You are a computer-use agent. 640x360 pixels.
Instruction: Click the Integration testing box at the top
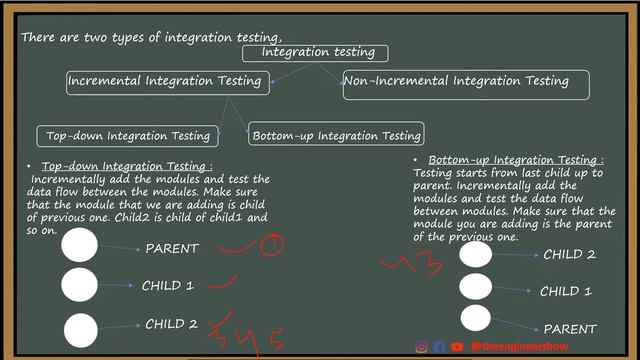pyautogui.click(x=316, y=52)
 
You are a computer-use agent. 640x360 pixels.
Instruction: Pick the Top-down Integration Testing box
pyautogui.click(x=129, y=135)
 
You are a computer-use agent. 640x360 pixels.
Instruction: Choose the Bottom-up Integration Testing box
pyautogui.click(x=336, y=135)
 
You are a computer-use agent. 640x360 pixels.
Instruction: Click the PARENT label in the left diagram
pyautogui.click(x=172, y=248)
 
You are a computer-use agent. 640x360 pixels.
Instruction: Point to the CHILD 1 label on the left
pyautogui.click(x=168, y=285)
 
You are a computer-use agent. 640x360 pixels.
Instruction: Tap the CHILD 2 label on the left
pyautogui.click(x=172, y=324)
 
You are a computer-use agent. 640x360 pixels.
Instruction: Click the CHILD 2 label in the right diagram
pyautogui.click(x=569, y=254)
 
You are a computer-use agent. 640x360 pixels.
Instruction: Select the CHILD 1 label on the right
pyautogui.click(x=566, y=291)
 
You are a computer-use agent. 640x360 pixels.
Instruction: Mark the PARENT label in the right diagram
pyautogui.click(x=570, y=328)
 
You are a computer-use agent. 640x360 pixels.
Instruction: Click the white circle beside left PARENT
pyautogui.click(x=80, y=246)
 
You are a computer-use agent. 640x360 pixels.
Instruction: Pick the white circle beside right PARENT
pyautogui.click(x=476, y=319)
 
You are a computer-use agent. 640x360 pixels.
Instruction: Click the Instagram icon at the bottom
pyautogui.click(x=422, y=347)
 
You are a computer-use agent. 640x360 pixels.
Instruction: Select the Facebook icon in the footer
pyautogui.click(x=439, y=347)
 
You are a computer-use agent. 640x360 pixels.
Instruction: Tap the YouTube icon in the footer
pyautogui.click(x=457, y=347)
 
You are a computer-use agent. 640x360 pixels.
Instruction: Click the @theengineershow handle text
pyautogui.click(x=519, y=347)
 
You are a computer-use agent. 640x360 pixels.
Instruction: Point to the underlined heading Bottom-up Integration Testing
pyautogui.click(x=516, y=160)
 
